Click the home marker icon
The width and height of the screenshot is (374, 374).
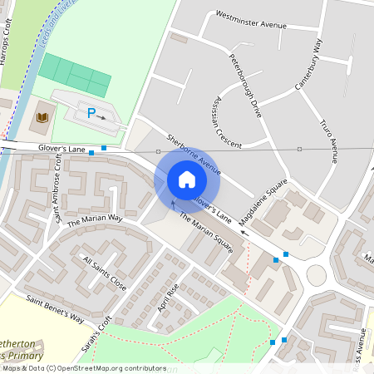click(187, 180)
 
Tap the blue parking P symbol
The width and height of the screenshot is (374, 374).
click(91, 113)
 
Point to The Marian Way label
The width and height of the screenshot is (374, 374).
click(95, 219)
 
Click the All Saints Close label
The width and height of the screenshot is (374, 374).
click(105, 273)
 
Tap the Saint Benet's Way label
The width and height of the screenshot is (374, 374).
click(55, 308)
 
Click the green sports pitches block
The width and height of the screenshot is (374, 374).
click(76, 76)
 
